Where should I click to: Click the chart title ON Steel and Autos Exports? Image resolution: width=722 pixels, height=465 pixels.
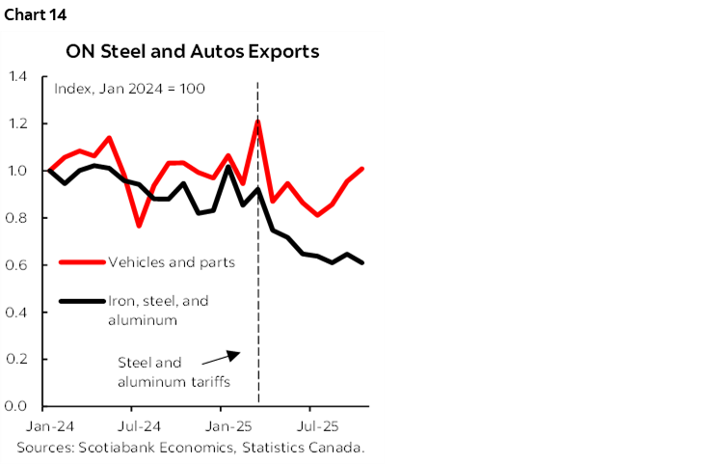(192, 52)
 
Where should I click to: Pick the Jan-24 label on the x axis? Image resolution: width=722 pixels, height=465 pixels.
(46, 425)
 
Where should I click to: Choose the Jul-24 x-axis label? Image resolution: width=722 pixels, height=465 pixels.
(140, 425)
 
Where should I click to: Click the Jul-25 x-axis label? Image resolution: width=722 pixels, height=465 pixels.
(318, 425)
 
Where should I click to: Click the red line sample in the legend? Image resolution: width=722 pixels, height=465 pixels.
(82, 261)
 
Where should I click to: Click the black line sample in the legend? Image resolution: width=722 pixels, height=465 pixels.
(82, 301)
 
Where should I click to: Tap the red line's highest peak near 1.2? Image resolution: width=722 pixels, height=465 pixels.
(258, 122)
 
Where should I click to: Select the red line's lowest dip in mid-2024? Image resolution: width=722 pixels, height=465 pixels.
(139, 225)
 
